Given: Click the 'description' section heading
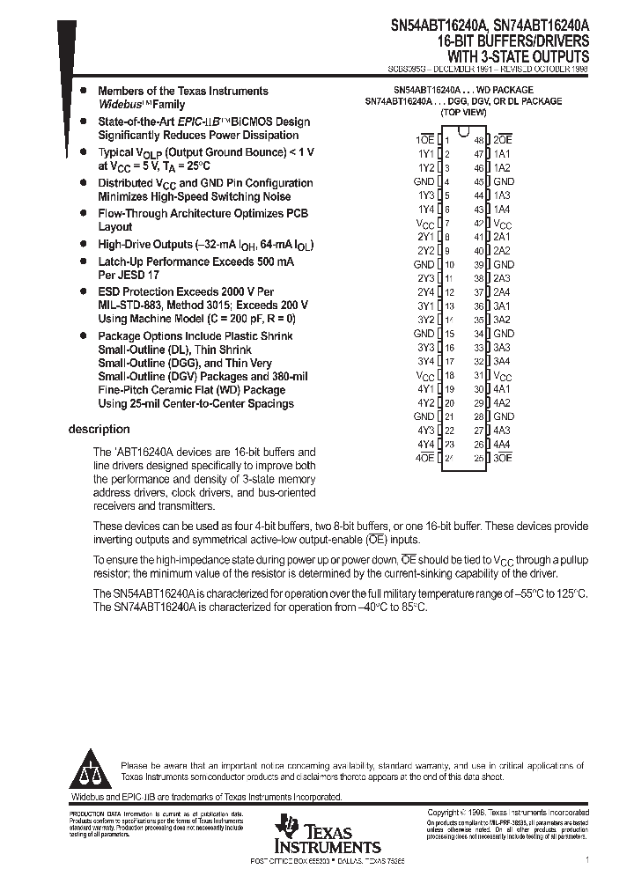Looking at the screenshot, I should pos(99,430).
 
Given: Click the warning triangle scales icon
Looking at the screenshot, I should pos(92,772).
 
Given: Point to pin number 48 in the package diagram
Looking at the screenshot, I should pos(479,140).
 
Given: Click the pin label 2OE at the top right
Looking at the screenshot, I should pos(503,140).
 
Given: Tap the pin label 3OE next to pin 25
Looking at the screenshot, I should pos(503,458).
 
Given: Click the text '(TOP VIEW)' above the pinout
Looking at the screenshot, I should pos(463,114).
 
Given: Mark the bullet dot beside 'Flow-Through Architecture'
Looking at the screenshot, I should pos(83,213).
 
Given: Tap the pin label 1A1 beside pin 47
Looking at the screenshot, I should pos(502,153).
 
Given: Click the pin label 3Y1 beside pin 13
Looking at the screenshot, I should pos(425,306).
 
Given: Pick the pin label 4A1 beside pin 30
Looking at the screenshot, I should pos(502,388).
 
